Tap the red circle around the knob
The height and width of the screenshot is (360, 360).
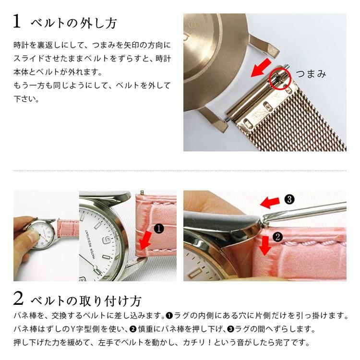coord(280,78)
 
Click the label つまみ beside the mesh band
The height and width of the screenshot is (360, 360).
coord(311,74)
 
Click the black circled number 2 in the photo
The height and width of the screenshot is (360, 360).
coord(276,236)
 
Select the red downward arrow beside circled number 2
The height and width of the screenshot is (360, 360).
coord(263,246)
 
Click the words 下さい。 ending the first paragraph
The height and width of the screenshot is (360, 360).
coord(26,99)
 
